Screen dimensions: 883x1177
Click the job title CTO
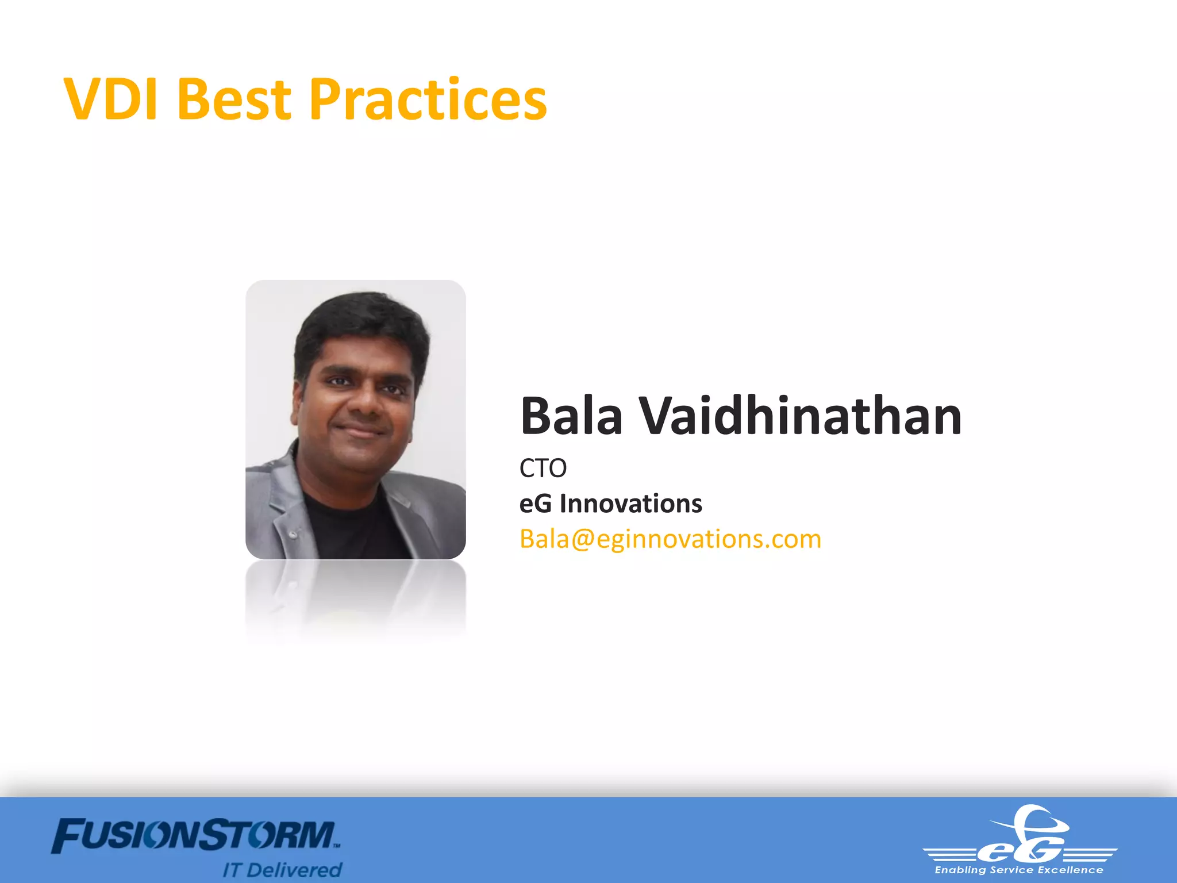543,469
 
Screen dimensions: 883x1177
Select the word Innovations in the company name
630,504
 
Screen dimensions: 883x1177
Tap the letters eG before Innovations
535,504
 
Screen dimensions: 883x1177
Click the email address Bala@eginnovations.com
670,539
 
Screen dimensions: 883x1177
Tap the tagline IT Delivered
282,870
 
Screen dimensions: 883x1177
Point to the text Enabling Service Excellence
1018,870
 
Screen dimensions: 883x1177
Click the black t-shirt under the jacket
351,523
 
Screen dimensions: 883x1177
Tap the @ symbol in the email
582,540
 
